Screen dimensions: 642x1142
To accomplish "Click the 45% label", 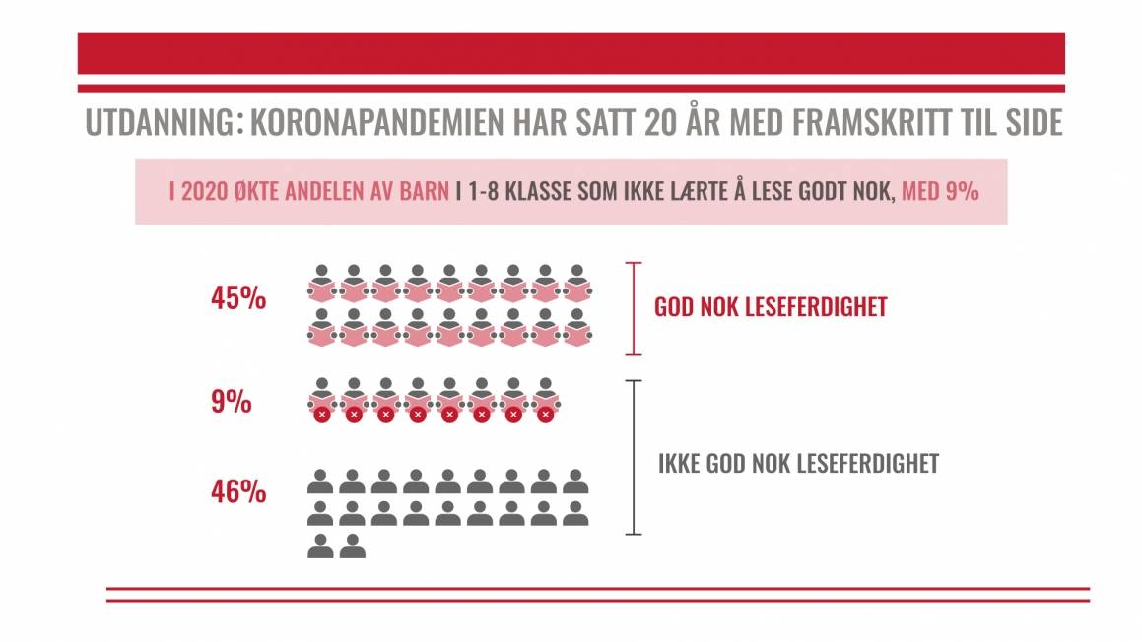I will tap(237, 299).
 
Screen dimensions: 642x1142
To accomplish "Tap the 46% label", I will tap(237, 491).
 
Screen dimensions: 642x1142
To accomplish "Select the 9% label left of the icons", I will tap(231, 404).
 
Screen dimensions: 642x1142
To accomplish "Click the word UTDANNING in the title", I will tap(159, 123).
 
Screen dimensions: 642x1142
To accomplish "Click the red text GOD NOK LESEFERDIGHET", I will tap(771, 307).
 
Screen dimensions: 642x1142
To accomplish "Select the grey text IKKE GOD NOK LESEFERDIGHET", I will tap(798, 464).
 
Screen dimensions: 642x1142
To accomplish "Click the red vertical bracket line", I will tap(634, 308).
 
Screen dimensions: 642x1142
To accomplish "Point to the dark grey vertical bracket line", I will tap(634, 457).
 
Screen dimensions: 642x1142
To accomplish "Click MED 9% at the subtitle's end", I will tap(940, 192).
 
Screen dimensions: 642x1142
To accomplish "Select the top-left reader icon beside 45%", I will tap(321, 283).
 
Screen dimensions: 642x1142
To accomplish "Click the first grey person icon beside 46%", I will tap(320, 482).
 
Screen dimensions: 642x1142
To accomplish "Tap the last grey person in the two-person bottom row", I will tap(352, 546).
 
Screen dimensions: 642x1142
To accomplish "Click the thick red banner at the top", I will tap(571, 53).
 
